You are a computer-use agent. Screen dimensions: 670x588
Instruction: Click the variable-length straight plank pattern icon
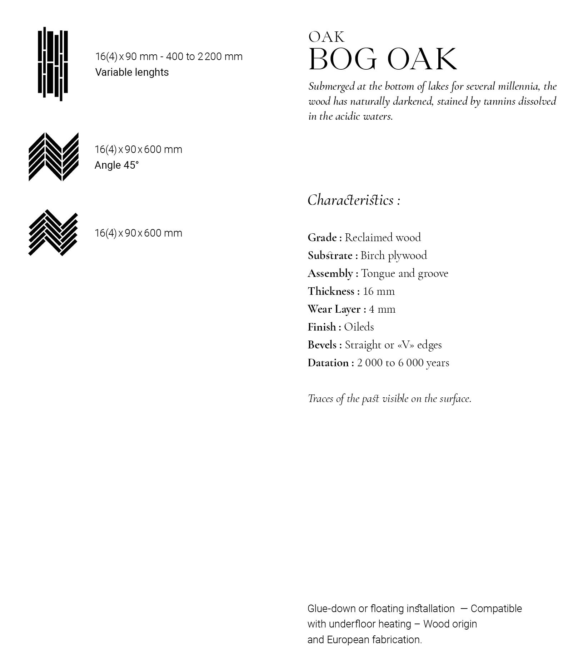click(53, 64)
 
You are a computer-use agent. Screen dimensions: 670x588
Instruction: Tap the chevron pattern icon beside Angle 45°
click(54, 157)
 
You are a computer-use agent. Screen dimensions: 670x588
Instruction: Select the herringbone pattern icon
click(53, 233)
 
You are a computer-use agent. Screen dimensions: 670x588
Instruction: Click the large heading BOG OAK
click(382, 59)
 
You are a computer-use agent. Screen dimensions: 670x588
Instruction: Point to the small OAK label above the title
click(327, 37)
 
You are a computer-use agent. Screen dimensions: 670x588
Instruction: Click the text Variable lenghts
click(132, 72)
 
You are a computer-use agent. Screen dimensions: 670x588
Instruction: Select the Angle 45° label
click(116, 165)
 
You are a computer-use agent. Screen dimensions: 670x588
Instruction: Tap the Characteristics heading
click(354, 200)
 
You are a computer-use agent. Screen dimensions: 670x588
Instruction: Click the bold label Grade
click(323, 238)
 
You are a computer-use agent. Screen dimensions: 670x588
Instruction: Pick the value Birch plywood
click(394, 255)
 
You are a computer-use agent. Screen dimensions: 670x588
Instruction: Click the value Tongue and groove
click(404, 273)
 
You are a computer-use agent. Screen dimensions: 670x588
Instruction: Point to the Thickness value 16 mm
click(379, 291)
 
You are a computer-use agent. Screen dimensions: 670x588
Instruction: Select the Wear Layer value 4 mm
click(382, 309)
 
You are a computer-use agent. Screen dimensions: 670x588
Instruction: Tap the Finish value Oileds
click(359, 327)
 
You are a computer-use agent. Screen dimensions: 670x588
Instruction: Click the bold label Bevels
click(323, 345)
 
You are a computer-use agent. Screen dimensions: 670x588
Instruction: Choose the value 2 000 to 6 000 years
click(403, 363)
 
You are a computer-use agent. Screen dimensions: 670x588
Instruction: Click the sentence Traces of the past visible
click(389, 398)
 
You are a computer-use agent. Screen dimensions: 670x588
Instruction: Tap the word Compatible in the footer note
click(496, 609)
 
